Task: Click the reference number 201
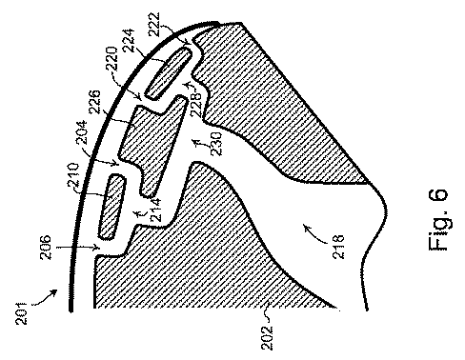[22, 312]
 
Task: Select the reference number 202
[267, 337]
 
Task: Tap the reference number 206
[45, 247]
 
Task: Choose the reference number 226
[94, 102]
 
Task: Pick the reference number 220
[111, 59]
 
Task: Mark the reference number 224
[129, 41]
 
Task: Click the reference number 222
[153, 24]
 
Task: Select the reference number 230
[217, 144]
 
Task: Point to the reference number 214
[155, 210]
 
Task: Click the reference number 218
[338, 247]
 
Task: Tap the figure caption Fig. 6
[439, 220]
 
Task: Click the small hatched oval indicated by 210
[111, 207]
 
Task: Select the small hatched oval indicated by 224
[169, 72]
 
